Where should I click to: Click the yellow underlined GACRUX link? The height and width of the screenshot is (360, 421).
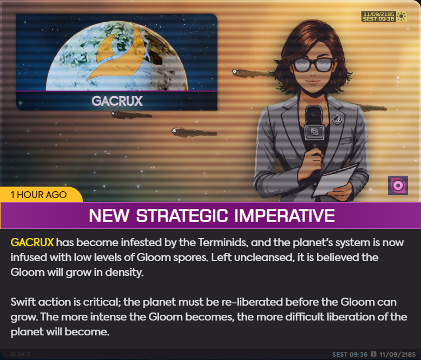32,242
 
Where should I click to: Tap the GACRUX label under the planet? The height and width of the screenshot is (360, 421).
117,101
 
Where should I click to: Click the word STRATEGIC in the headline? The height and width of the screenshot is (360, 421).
182,215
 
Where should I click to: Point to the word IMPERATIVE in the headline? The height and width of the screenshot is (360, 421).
285,215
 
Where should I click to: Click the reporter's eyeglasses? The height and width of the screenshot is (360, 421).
314,65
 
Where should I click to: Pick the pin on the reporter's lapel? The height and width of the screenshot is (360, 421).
337,119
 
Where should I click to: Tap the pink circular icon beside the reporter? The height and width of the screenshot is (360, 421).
398,185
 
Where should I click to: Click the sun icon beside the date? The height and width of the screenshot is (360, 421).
402,17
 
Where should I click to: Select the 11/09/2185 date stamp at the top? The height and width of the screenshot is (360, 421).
379,14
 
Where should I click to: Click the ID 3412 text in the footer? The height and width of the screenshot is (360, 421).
19,354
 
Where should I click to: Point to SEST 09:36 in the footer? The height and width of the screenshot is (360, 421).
350,354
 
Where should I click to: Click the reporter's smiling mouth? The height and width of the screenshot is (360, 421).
313,81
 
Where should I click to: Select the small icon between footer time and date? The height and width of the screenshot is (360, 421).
374,354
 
